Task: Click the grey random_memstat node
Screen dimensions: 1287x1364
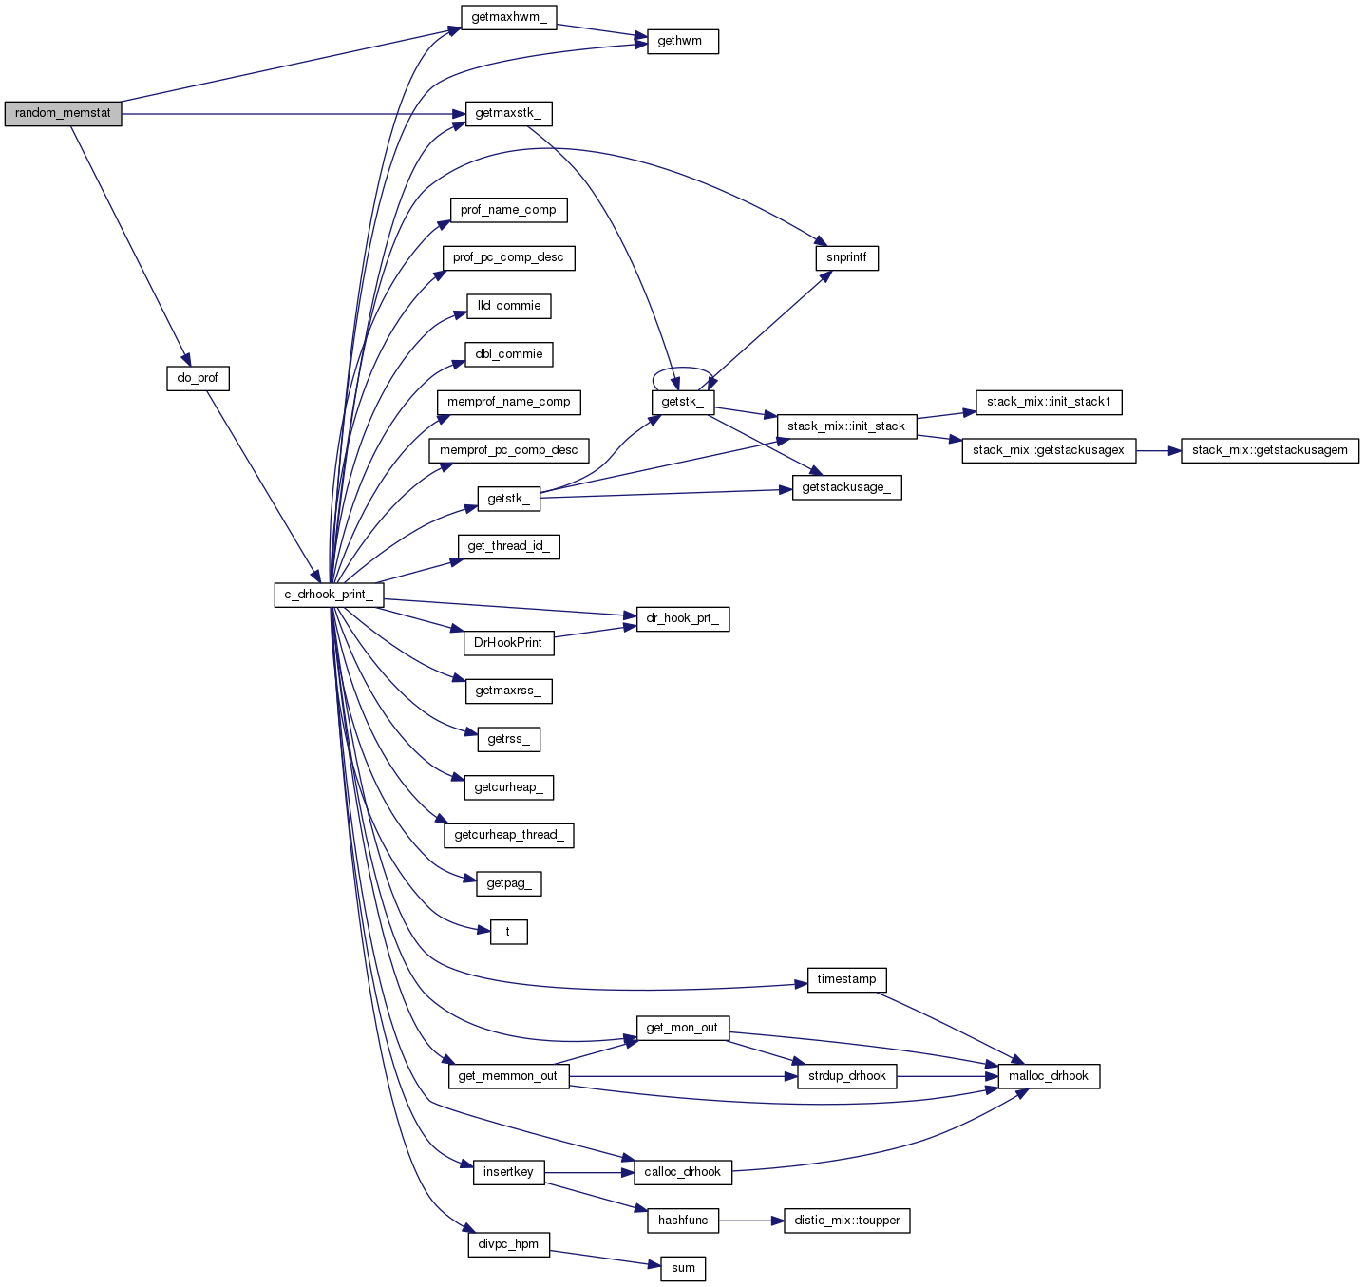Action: click(63, 114)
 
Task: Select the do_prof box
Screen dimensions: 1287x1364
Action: click(198, 378)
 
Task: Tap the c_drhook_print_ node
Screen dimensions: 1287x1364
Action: click(329, 596)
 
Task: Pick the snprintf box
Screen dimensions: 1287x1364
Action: click(846, 257)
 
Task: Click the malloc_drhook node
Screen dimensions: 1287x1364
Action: click(1049, 1076)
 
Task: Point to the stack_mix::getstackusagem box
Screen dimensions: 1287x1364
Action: click(1269, 450)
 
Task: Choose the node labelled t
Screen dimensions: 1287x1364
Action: click(508, 932)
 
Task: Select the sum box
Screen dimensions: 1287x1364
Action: click(683, 1268)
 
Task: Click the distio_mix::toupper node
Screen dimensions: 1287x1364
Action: click(846, 1221)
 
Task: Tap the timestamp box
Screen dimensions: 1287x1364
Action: click(846, 979)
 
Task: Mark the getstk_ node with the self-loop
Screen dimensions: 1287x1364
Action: click(683, 402)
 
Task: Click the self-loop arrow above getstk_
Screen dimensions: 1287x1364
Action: click(683, 368)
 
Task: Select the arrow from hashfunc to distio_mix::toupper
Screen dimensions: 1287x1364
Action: click(750, 1221)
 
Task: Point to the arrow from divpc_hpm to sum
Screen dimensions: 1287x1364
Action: click(604, 1258)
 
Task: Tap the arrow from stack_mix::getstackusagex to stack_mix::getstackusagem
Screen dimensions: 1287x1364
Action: click(1158, 450)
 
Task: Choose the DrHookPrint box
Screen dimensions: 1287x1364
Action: click(508, 643)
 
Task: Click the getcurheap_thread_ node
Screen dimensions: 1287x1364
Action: click(508, 835)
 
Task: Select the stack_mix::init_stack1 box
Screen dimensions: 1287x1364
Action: click(1049, 402)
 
